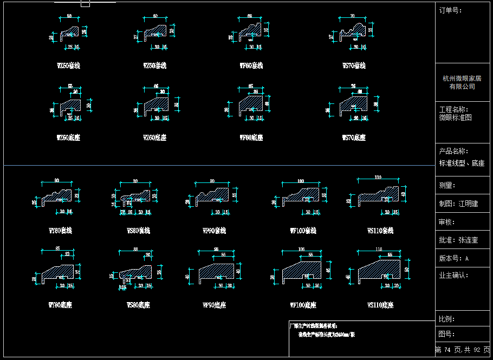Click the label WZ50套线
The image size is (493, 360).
[68, 66]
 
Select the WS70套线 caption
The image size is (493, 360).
[354, 66]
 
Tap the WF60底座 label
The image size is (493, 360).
[251, 138]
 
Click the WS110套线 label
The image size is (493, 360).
[380, 231]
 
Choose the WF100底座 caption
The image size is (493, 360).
[303, 305]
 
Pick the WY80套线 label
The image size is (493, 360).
[60, 231]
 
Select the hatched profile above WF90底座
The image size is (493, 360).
[218, 271]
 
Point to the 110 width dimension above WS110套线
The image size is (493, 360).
[378, 178]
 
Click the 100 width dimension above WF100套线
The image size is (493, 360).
[301, 181]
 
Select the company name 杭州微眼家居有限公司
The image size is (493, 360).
[462, 82]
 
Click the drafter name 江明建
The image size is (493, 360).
[468, 204]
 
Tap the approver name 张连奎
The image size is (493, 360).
[468, 240]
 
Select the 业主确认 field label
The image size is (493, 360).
[453, 275]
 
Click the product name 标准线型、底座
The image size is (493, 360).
[462, 163]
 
